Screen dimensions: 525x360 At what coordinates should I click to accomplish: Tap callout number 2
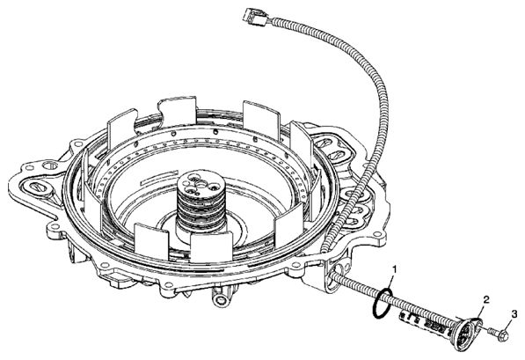pyautogui.click(x=486, y=299)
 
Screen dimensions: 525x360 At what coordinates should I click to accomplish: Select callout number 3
pyautogui.click(x=514, y=314)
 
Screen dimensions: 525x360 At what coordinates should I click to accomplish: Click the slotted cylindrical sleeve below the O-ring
pyautogui.click(x=426, y=322)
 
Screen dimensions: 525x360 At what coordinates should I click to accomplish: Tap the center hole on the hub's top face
pyautogui.click(x=201, y=184)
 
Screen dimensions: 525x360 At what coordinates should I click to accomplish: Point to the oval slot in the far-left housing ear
pyautogui.click(x=35, y=186)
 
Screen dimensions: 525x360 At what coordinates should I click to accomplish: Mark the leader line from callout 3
pyautogui.click(x=510, y=325)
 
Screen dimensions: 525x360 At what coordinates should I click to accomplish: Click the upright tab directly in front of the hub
pyautogui.click(x=212, y=247)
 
